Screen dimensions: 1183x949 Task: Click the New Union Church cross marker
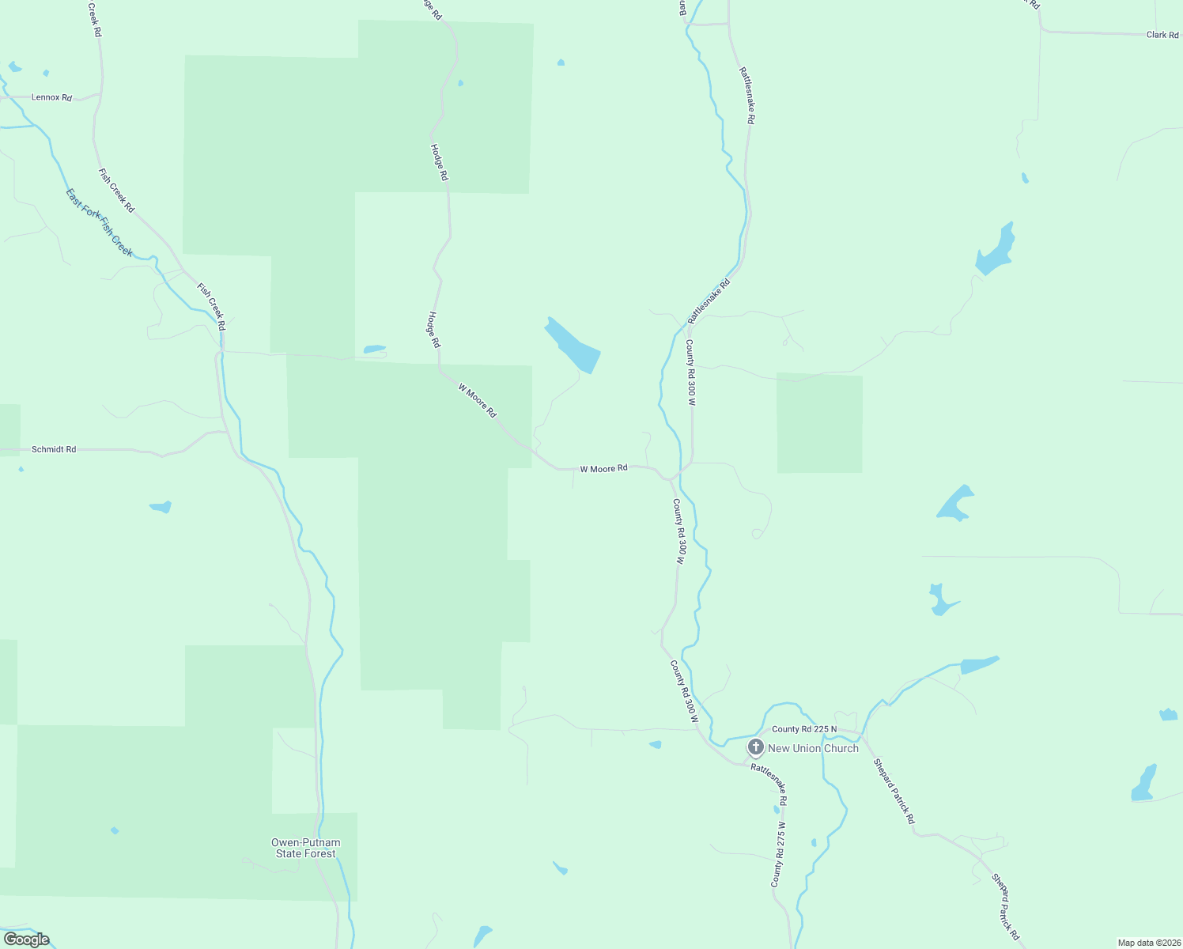[x=755, y=747]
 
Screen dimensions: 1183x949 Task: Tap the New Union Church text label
[x=813, y=748]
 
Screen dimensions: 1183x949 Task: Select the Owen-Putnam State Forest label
[x=304, y=848]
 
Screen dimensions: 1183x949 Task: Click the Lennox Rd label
[x=51, y=97]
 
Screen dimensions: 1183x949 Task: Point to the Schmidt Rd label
[x=54, y=449]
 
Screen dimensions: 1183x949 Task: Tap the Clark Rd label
[x=1162, y=35]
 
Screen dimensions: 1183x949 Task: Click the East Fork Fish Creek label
[x=99, y=222]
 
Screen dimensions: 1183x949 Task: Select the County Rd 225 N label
[x=803, y=729]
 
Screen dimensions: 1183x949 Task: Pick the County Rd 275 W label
[x=779, y=854]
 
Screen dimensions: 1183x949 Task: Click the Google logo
[x=27, y=940]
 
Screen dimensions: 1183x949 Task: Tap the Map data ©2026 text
[x=1147, y=943]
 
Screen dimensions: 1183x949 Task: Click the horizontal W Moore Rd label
[x=603, y=469]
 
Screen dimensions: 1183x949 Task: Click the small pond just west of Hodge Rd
[x=374, y=349]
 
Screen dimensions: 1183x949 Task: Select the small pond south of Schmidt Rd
[x=161, y=506]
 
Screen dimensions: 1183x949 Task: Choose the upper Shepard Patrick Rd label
[x=894, y=791]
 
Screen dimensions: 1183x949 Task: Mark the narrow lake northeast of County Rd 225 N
[x=979, y=664]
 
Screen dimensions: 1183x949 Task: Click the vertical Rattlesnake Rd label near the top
[x=747, y=95]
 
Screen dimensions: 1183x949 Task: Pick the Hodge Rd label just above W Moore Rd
[x=433, y=330]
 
